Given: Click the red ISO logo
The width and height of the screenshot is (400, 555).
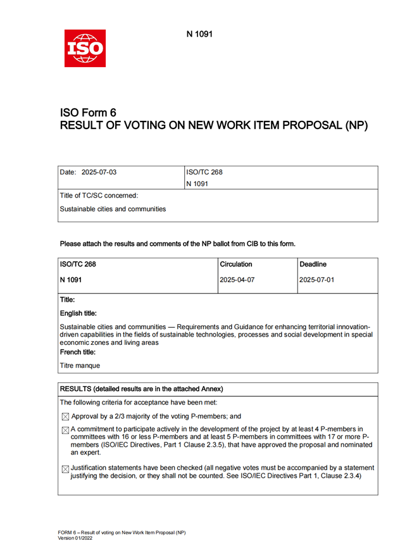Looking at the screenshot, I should pos(85,48).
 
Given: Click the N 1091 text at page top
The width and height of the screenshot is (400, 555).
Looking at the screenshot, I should pos(199,34).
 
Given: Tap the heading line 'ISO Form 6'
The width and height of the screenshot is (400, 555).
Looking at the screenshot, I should pos(88,113).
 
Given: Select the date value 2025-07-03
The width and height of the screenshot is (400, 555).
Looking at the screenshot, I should pos(100,172).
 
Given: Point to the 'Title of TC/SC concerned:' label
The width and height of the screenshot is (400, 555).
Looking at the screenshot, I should pos(99,195).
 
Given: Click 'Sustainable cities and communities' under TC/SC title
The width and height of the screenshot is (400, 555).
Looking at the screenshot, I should pos(113,209).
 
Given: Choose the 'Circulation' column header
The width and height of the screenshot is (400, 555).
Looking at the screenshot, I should pos(235,264).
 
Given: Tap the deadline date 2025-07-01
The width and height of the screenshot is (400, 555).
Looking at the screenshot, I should pos(316,279).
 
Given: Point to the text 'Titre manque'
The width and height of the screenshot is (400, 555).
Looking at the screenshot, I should pos(80,365).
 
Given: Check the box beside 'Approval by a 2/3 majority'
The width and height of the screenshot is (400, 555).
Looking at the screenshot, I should pos(65,417).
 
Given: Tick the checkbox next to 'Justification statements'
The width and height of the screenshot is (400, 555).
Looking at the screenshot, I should pos(65,469).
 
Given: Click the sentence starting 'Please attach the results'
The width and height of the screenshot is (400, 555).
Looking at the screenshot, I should pos(177,244).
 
